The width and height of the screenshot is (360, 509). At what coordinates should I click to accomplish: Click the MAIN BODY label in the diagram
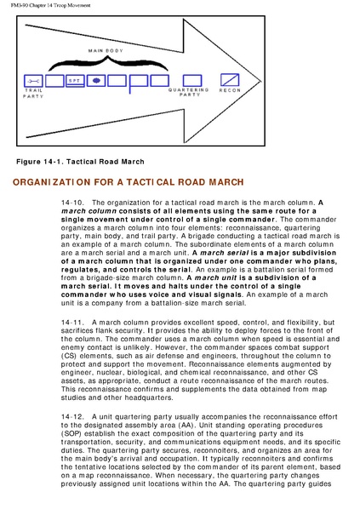(x=106, y=50)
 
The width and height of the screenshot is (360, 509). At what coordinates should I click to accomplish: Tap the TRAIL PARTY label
(x=33, y=94)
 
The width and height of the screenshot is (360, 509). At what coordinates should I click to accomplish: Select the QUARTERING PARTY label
(x=189, y=92)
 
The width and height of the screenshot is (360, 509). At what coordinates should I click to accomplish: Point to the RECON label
(x=230, y=90)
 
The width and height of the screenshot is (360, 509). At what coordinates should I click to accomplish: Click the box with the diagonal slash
(x=230, y=80)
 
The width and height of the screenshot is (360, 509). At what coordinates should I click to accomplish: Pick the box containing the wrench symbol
(x=33, y=81)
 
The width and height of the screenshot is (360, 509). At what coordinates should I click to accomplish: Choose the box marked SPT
(x=75, y=81)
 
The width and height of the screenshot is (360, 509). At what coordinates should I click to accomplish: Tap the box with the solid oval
(x=95, y=81)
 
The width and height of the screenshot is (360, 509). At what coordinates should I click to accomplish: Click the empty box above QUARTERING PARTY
(x=192, y=81)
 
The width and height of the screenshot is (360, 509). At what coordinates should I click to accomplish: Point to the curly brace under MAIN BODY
(x=108, y=63)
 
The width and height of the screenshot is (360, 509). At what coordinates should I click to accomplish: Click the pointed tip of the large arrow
(x=261, y=82)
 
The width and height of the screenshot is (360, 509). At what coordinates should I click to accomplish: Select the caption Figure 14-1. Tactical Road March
(x=80, y=162)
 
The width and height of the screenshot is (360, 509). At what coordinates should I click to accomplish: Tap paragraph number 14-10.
(x=72, y=203)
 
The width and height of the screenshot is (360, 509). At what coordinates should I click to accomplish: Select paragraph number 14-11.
(x=72, y=323)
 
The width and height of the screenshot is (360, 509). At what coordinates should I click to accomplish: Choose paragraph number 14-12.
(x=72, y=417)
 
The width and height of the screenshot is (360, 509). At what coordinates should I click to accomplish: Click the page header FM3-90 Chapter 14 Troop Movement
(x=51, y=5)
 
